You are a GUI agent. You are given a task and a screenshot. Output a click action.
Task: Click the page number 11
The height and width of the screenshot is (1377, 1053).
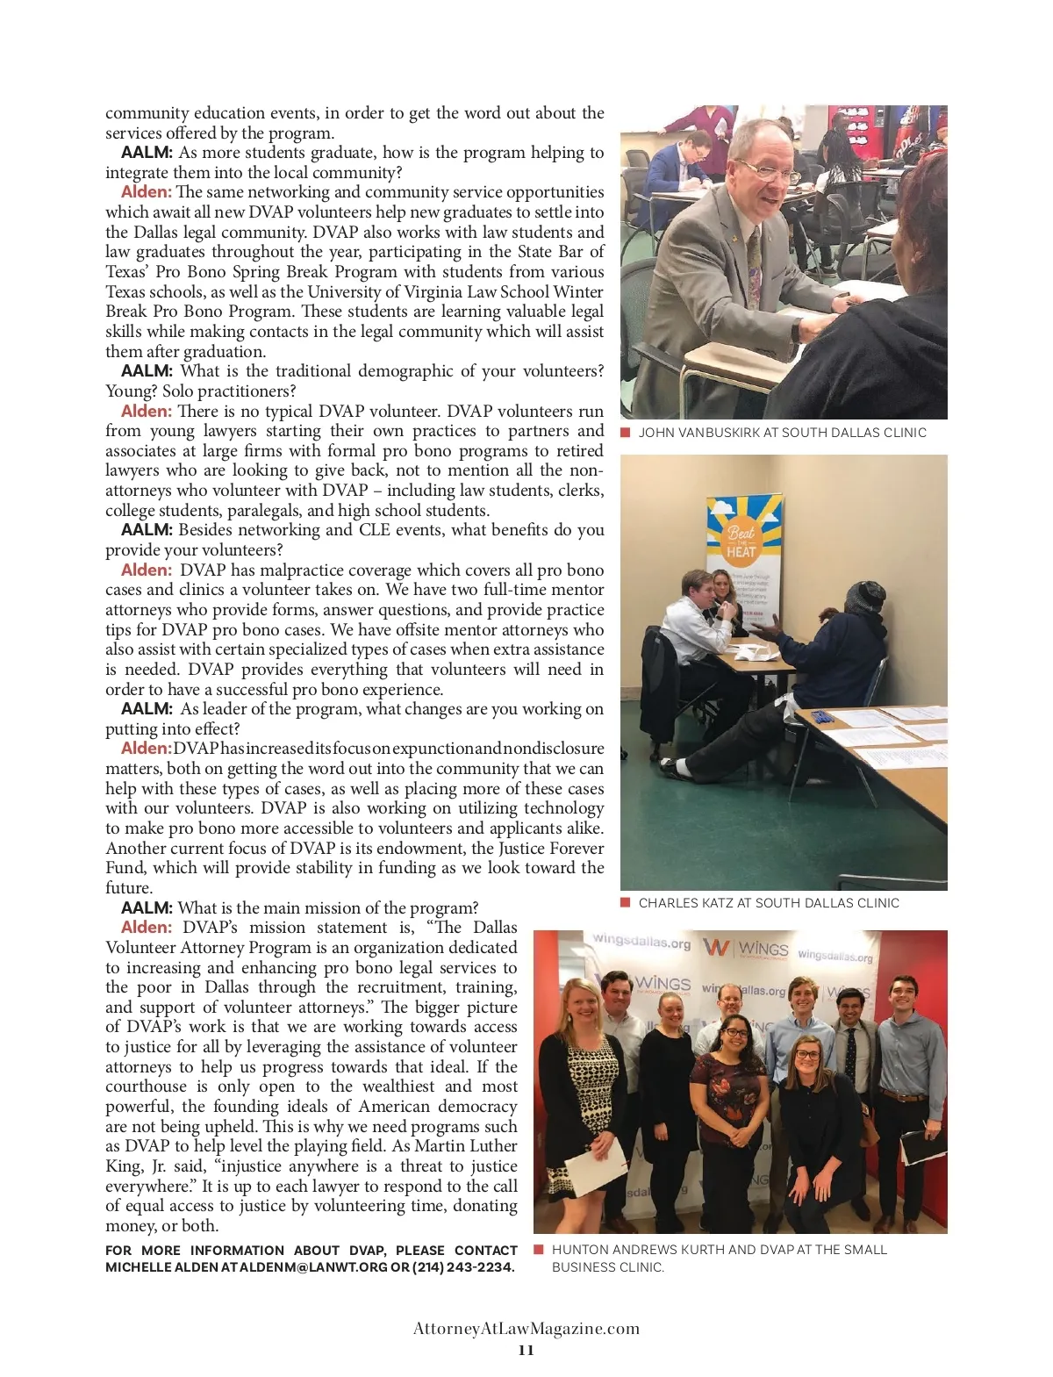[x=526, y=1350]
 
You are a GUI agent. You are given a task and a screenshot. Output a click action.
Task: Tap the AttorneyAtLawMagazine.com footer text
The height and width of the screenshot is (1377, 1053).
[x=526, y=1328]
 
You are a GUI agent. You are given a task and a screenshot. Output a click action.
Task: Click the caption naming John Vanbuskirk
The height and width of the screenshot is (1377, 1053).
[x=782, y=433]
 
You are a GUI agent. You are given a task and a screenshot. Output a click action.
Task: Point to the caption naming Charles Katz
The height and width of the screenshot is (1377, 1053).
[x=769, y=903]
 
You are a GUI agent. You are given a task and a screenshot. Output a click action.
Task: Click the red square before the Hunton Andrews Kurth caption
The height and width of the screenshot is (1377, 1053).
[x=539, y=1249]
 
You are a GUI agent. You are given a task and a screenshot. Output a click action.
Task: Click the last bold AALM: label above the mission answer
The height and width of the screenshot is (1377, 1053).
[x=147, y=908]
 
